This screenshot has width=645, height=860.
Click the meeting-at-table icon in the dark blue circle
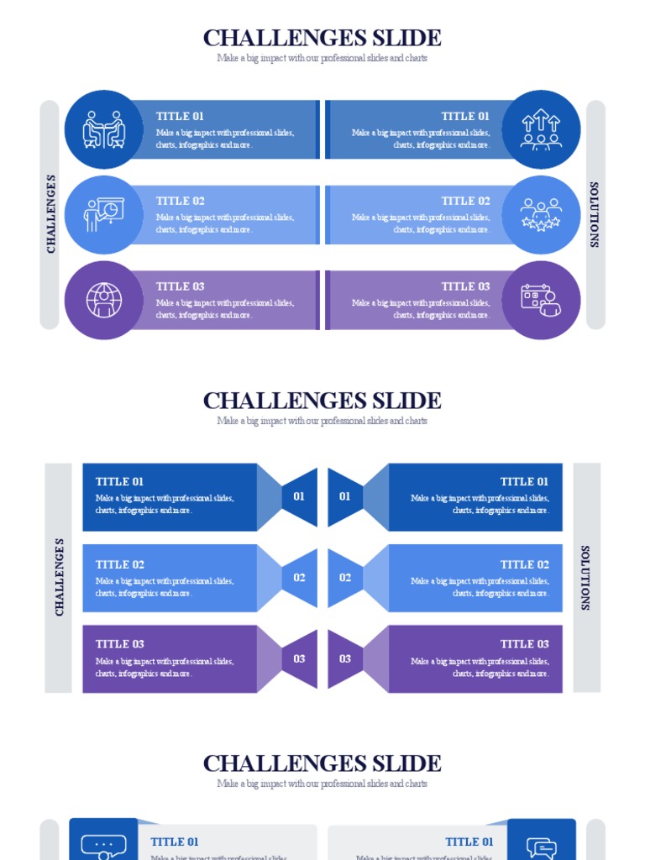[x=103, y=129]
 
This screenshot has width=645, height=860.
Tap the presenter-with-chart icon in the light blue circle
[x=103, y=215]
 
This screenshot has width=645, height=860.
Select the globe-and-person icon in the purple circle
[x=103, y=300]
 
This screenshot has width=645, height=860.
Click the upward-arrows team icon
[x=541, y=129]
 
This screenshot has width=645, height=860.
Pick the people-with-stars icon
[x=541, y=215]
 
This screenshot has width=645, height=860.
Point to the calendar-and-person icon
[x=541, y=300]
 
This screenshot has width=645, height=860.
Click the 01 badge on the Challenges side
[x=299, y=496]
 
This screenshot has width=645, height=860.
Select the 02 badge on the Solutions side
[x=345, y=578]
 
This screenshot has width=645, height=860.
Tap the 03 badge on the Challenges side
[x=299, y=658]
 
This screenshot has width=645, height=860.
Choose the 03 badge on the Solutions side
[x=345, y=658]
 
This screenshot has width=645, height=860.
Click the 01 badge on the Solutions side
[x=345, y=496]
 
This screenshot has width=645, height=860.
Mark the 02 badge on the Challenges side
[x=299, y=578]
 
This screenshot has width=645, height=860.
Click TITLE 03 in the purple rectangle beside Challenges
[x=120, y=644]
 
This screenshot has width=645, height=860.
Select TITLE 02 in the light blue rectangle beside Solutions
[x=524, y=564]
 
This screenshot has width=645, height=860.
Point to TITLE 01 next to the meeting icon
[x=180, y=117]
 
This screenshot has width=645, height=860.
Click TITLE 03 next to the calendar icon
[x=465, y=286]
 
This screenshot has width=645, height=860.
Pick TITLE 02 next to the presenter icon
[x=180, y=202]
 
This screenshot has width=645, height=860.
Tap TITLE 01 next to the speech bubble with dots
[x=175, y=842]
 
